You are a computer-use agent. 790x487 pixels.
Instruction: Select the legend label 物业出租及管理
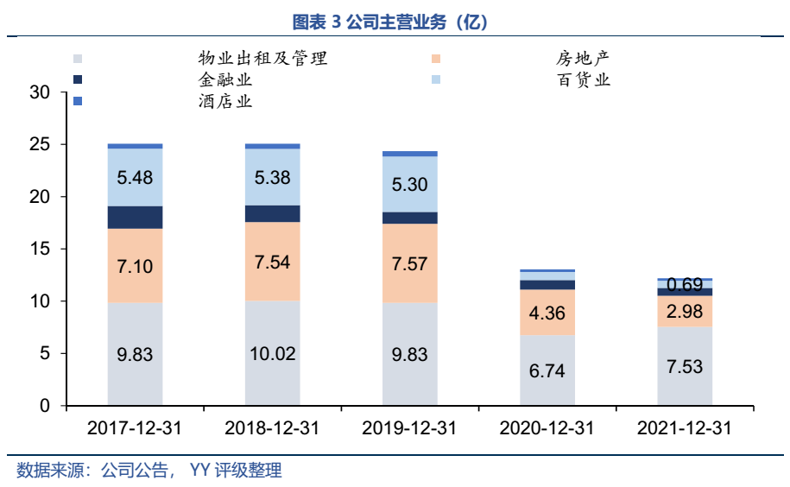262,60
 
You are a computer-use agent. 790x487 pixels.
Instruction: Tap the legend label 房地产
583,60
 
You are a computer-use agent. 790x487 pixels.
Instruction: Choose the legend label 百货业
583,80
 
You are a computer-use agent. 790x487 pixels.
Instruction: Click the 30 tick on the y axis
40,92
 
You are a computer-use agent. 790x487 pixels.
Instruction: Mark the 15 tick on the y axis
40,250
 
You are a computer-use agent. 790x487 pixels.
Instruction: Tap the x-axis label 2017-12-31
135,428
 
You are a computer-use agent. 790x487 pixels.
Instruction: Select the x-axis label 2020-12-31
547,428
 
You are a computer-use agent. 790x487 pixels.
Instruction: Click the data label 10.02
272,355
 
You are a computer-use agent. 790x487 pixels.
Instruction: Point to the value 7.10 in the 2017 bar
135,266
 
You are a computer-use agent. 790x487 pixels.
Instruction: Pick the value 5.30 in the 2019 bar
409,184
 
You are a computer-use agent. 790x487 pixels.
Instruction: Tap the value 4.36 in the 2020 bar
547,313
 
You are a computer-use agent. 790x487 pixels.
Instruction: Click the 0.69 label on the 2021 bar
685,284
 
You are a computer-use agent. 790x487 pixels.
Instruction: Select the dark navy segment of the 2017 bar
135,218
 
